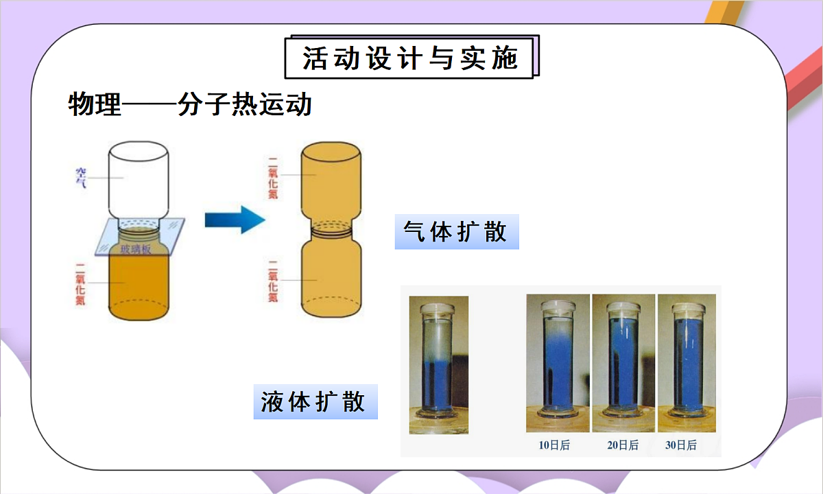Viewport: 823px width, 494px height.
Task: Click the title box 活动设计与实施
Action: [x=409, y=58]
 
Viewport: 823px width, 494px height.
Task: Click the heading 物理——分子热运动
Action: [x=190, y=105]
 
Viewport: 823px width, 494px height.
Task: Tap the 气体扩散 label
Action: [x=456, y=233]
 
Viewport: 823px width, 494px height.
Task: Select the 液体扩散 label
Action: [x=315, y=401]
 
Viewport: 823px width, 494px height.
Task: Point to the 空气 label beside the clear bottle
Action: [x=82, y=178]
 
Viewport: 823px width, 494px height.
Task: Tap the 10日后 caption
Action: [x=554, y=445]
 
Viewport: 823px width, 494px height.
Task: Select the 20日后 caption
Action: [x=623, y=445]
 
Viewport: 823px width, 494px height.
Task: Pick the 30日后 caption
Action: [x=681, y=445]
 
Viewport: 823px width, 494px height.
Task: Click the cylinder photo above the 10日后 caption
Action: [x=558, y=364]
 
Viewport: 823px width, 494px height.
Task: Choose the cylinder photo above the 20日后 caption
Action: [x=623, y=364]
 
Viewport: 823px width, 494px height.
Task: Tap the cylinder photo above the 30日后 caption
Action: [x=687, y=364]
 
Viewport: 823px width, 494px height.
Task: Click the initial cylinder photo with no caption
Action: [x=438, y=364]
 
